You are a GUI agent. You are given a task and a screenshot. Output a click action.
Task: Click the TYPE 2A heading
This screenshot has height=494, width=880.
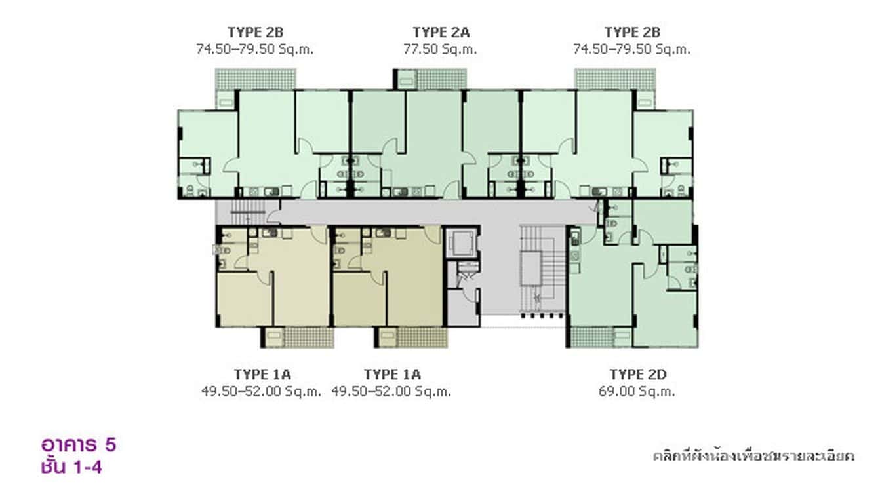tap(441, 32)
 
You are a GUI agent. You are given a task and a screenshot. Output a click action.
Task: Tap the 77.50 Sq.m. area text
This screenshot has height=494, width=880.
tap(440, 49)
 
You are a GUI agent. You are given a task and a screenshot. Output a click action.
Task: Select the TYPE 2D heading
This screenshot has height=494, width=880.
tap(638, 374)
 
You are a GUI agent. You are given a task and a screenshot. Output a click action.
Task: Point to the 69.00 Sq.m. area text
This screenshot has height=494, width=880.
tap(637, 392)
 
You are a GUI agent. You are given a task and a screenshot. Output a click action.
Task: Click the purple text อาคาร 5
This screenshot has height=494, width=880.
tap(79, 445)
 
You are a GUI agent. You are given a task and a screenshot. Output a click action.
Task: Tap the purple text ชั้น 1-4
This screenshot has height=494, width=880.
tap(71, 467)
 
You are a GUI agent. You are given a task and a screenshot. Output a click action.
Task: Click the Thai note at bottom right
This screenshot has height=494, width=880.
tap(753, 456)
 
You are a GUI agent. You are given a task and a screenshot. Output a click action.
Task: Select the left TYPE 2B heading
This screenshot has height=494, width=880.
tap(255, 32)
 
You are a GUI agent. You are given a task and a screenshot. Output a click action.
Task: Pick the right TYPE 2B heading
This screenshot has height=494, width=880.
tap(632, 32)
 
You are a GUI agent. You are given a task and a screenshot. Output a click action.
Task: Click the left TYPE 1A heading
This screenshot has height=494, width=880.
tap(262, 374)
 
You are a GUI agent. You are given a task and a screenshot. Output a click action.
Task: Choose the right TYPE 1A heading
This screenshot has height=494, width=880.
tap(392, 374)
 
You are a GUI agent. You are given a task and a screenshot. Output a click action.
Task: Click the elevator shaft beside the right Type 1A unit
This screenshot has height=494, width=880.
tap(462, 243)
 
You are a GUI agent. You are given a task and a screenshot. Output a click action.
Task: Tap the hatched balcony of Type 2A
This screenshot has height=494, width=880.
tap(441, 79)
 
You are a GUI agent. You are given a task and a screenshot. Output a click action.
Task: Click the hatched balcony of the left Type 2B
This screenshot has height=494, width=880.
tap(255, 79)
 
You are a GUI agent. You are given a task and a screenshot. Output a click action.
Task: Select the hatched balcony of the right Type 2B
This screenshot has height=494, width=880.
tap(615, 79)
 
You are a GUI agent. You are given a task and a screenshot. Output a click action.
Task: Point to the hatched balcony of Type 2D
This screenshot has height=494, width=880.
tap(591, 337)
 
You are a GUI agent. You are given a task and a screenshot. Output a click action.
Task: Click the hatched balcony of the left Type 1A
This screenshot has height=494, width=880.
tap(309, 337)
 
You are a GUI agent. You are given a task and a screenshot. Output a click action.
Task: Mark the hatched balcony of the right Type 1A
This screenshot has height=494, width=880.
tap(422, 337)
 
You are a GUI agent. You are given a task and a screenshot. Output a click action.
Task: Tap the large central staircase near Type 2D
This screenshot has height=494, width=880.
tap(544, 271)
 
